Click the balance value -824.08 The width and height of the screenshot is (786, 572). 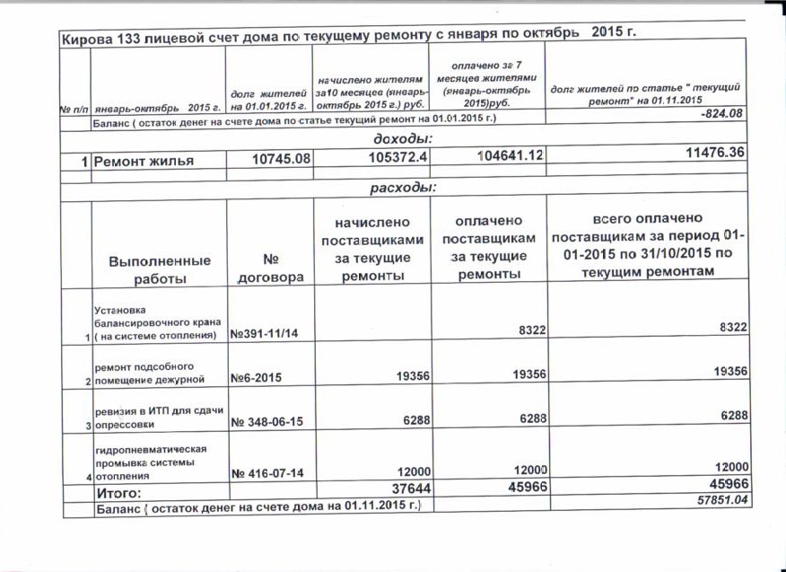pos(725,114)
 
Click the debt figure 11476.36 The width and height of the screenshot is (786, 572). pos(713,154)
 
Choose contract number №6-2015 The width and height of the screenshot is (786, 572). pos(256,378)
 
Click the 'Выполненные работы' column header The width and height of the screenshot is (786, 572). pos(160,269)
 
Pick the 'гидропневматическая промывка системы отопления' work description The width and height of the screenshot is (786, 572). pos(152,461)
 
